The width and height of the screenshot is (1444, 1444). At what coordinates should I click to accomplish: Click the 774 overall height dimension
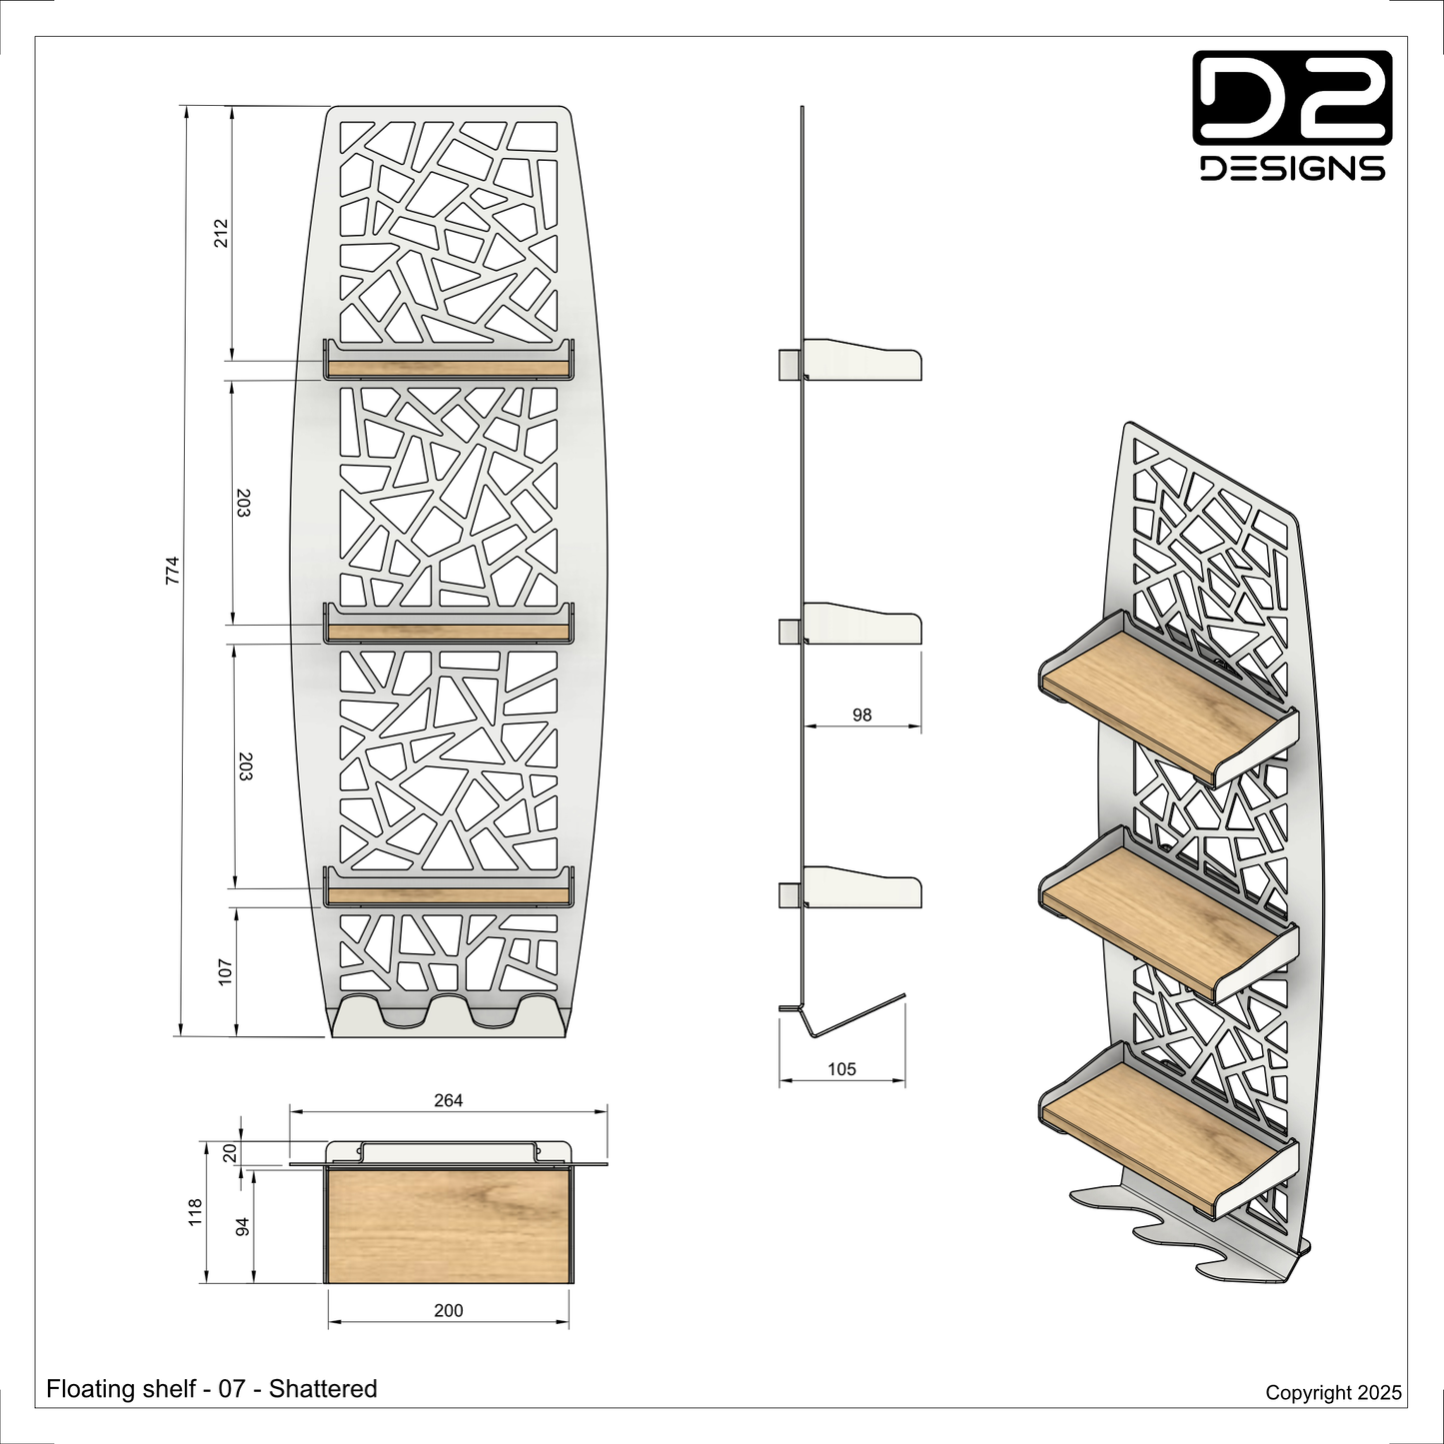(173, 571)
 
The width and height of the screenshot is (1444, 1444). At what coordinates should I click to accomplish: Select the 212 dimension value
(220, 233)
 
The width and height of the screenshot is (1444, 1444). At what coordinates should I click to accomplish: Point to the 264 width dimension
(448, 1100)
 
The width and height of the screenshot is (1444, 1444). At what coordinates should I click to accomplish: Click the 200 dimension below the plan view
(448, 1311)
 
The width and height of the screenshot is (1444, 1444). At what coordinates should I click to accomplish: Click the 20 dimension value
(230, 1152)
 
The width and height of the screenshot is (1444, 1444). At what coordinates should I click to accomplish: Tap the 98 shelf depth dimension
(861, 715)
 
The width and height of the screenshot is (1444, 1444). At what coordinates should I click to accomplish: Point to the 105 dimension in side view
(841, 1069)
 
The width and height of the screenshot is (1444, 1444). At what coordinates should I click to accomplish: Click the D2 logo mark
(1293, 97)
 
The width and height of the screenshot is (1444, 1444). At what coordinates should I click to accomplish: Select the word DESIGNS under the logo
(1293, 168)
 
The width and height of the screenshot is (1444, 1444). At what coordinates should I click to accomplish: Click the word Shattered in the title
(323, 1389)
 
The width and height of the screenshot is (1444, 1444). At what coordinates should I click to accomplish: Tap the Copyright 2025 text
(1334, 1392)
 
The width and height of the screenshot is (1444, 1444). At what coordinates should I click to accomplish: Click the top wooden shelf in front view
(448, 368)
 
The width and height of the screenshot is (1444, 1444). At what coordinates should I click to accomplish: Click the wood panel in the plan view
(448, 1224)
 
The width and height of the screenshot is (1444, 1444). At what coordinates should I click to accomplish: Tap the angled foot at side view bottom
(842, 1015)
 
